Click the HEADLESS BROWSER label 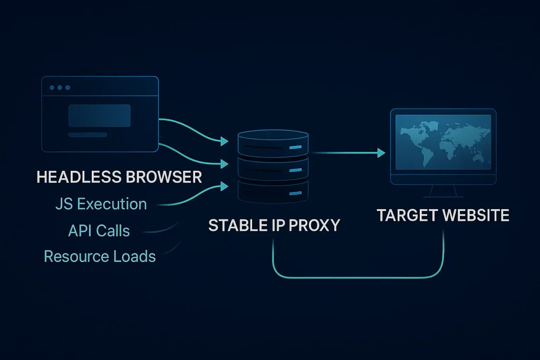tap(119, 177)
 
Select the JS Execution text tap(101, 203)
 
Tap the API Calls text tap(99, 230)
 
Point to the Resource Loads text tap(100, 257)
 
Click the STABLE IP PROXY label tap(274, 225)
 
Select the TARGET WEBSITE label tap(443, 216)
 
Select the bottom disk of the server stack tap(273, 191)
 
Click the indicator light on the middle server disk tap(296, 170)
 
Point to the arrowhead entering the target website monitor tap(381, 153)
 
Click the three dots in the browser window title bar tap(60, 87)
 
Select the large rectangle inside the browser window tap(99, 115)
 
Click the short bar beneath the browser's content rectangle tap(88, 135)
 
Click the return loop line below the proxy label tap(357, 277)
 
